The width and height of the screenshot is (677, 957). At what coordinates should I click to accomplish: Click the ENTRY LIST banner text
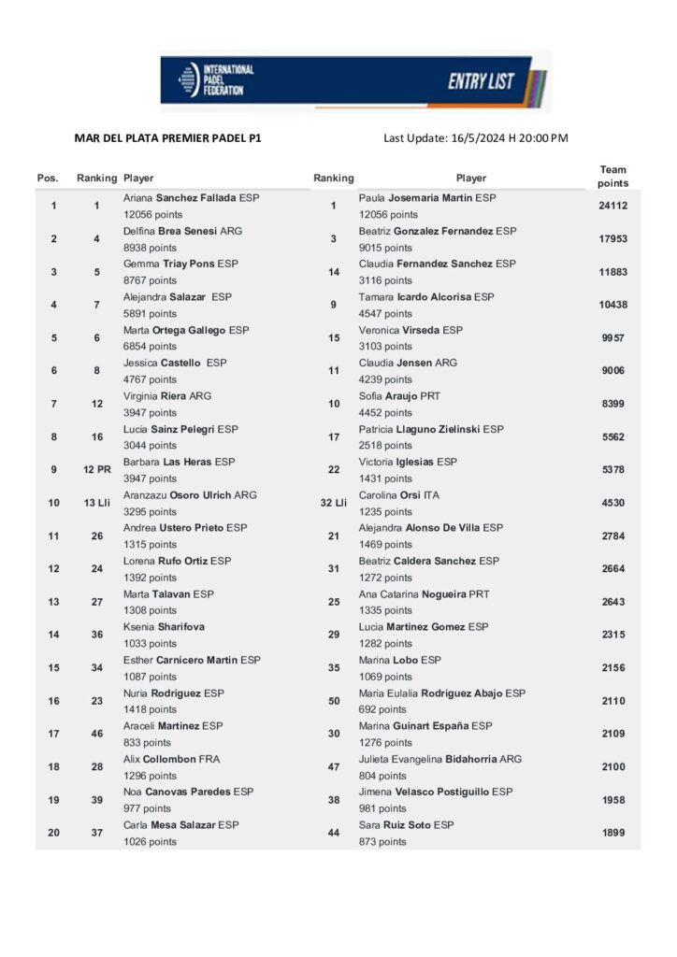click(x=481, y=81)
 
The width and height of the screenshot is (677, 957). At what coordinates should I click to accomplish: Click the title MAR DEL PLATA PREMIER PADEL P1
click(x=168, y=138)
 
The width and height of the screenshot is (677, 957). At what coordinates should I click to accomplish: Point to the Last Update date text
click(x=476, y=138)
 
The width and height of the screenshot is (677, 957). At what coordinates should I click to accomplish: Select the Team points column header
click(x=612, y=177)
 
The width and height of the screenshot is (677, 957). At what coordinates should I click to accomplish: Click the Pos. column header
click(x=48, y=178)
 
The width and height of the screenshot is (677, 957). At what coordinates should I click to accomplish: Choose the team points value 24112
click(x=612, y=206)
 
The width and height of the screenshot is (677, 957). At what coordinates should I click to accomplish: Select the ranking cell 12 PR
click(x=96, y=469)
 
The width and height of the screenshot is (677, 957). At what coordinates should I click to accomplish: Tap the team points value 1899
click(x=612, y=833)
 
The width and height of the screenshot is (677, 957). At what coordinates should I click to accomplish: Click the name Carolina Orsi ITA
click(x=398, y=494)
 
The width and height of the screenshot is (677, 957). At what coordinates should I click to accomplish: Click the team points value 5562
click(x=612, y=436)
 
